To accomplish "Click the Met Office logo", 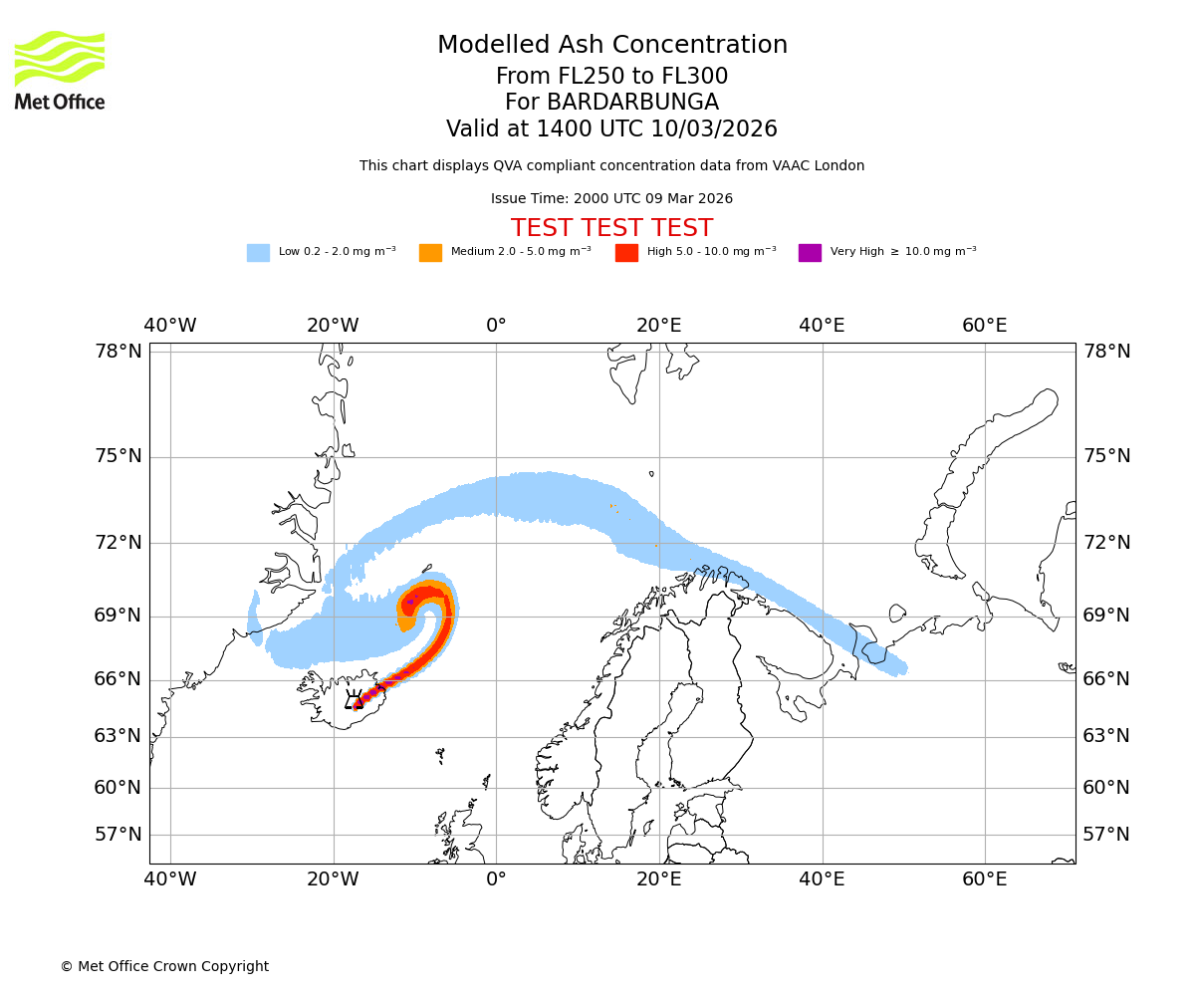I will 60,70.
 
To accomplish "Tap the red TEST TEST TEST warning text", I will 611,228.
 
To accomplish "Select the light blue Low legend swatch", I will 258,253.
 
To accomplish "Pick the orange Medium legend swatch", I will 430,253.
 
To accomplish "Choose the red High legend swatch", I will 626,253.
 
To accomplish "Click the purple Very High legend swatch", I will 810,253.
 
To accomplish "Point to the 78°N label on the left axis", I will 119,351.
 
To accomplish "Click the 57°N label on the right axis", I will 1106,835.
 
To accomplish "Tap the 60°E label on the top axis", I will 984,326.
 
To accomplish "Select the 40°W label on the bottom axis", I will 170,879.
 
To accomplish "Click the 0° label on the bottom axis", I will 496,879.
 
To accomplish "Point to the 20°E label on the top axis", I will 658,326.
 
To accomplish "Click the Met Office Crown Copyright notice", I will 164,966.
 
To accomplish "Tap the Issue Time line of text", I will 611,199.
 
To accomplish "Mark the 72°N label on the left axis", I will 119,543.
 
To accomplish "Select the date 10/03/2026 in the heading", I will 714,129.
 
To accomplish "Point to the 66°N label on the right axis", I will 1106,679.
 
